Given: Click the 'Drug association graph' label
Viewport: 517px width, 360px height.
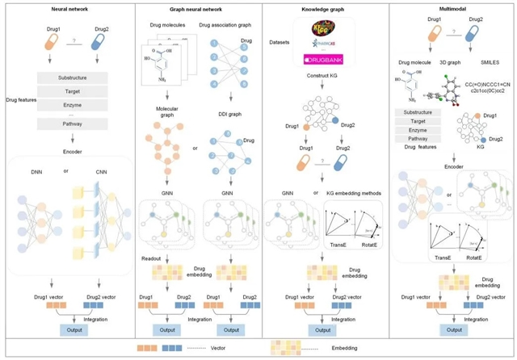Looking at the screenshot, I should click(x=226, y=35).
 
